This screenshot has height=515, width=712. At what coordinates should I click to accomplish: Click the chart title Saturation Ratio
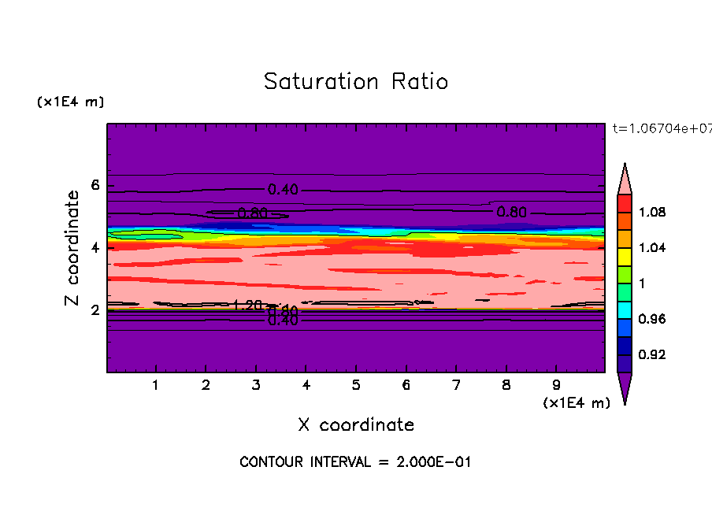click(356, 82)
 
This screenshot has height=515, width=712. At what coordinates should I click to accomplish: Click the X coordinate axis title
click(356, 425)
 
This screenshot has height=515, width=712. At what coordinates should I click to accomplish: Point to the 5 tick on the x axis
click(356, 386)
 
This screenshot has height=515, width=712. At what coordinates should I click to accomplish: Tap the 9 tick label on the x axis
click(556, 386)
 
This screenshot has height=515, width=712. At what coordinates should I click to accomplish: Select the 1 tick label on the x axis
click(156, 386)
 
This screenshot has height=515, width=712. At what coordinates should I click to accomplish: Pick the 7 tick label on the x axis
click(456, 386)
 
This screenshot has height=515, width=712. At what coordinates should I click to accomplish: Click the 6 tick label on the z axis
click(95, 185)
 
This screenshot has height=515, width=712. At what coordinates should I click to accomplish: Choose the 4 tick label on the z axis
click(95, 247)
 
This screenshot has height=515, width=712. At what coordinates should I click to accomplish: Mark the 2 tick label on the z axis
click(95, 309)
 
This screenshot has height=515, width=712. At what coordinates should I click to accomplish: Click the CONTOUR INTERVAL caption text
click(355, 462)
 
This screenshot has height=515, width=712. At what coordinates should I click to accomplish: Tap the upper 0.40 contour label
click(283, 189)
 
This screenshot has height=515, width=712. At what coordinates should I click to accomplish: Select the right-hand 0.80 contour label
click(511, 211)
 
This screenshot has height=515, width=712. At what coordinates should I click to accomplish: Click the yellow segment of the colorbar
click(625, 256)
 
